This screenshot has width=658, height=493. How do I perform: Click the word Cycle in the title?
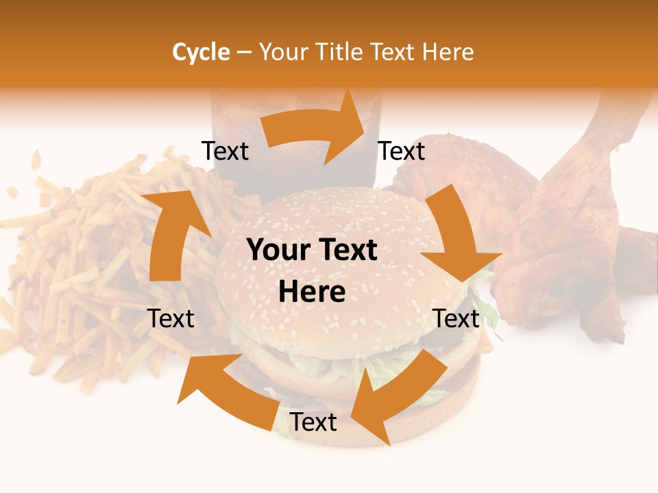(201, 52)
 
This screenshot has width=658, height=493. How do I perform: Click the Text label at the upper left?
(225, 151)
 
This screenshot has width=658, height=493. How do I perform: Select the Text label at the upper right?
(402, 151)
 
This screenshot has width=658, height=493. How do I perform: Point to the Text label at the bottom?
(313, 422)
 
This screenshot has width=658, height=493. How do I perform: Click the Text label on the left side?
(171, 318)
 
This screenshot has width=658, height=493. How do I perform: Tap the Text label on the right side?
(456, 318)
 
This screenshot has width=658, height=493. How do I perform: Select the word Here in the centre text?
(312, 292)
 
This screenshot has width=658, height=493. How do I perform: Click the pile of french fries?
(82, 274)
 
